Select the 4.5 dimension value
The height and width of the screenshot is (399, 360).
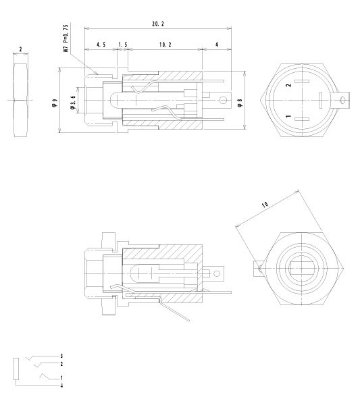[101, 44]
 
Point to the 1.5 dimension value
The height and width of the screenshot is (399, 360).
[122, 44]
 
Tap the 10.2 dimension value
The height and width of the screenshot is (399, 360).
[163, 44]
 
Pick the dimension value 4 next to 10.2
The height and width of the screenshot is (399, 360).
[217, 44]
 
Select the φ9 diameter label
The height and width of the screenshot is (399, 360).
[53, 104]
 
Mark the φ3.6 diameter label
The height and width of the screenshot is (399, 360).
[72, 105]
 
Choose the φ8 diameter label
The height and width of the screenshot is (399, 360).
[240, 103]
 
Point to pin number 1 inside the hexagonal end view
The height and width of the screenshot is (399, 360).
[288, 117]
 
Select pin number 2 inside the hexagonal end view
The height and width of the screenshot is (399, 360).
[288, 85]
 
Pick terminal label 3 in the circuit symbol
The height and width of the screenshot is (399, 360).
[61, 355]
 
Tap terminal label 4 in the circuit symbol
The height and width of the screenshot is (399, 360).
[61, 385]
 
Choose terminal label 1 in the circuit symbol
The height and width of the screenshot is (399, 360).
[61, 377]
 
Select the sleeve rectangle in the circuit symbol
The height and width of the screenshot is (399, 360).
[16, 369]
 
